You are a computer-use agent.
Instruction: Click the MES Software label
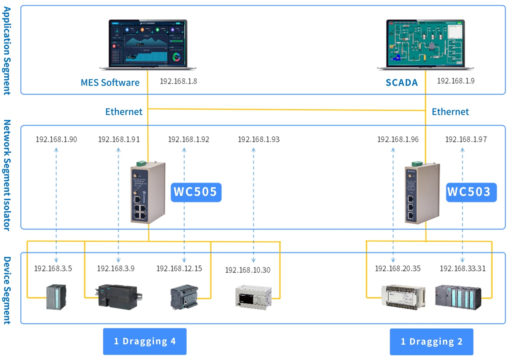click(x=110, y=83)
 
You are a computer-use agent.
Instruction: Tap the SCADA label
click(x=402, y=83)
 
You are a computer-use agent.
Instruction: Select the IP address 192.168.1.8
click(x=178, y=81)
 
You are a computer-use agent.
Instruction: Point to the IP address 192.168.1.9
click(x=456, y=81)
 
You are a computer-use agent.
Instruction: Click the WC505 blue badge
click(x=196, y=192)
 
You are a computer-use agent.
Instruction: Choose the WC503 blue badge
click(x=471, y=192)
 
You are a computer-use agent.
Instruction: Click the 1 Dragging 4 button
click(x=145, y=341)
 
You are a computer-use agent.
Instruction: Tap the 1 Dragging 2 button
click(x=432, y=342)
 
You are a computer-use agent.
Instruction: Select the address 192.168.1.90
click(x=56, y=139)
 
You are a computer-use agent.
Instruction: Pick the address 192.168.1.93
click(x=259, y=139)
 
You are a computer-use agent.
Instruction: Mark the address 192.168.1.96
click(x=398, y=139)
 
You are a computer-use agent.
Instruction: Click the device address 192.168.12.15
click(x=179, y=269)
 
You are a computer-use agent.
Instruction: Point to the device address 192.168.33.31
click(x=463, y=269)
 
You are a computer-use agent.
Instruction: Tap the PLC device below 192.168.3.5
click(x=56, y=297)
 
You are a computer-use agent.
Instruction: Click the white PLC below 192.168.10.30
click(x=253, y=297)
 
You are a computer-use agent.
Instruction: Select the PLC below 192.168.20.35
click(x=403, y=297)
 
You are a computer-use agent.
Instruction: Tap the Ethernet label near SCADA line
click(x=450, y=112)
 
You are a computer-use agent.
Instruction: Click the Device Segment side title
click(x=7, y=290)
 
